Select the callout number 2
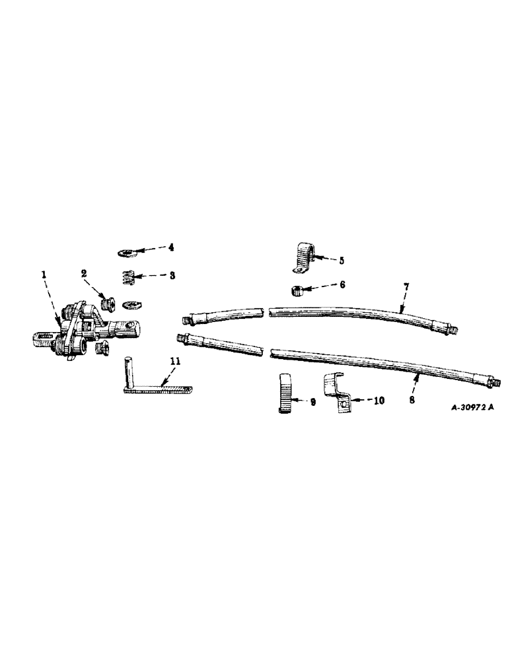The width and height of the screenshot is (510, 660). point(85,273)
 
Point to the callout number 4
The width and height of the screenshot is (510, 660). point(170,248)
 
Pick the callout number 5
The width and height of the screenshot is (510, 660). point(342,260)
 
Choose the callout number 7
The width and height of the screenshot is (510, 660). point(407,288)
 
